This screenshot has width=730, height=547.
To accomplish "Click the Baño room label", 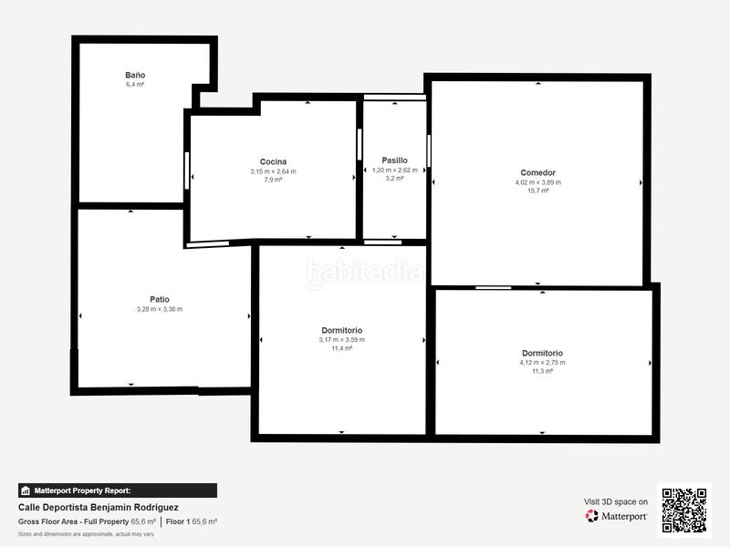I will click(135, 75).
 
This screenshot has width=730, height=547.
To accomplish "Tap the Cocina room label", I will click(273, 161).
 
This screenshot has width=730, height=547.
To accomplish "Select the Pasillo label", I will click(394, 160).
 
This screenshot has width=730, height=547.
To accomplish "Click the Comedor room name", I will click(537, 172).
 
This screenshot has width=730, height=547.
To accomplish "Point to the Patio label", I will click(159, 299).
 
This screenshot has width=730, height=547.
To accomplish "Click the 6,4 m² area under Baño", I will click(135, 84).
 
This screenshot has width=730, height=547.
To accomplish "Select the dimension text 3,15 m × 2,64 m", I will click(273, 171).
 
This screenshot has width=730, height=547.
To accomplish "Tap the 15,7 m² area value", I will click(537, 191).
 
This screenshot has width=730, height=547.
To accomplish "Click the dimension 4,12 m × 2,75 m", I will click(542, 363).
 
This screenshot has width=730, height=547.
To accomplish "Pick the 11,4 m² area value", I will click(341, 348).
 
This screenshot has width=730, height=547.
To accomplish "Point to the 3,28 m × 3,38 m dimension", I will click(159, 309).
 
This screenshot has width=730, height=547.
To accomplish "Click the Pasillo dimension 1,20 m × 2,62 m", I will click(394, 170).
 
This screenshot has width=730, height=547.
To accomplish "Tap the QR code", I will click(683, 510).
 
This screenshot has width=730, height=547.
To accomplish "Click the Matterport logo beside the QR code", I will click(617, 516).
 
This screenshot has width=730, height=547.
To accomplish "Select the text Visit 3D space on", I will click(616, 501).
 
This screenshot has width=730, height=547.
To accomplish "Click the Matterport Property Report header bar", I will click(118, 490).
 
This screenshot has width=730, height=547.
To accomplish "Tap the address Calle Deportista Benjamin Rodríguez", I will click(99, 507).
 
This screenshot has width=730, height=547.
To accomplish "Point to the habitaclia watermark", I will click(365, 272).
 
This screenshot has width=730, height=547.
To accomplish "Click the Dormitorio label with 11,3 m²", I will click(542, 353).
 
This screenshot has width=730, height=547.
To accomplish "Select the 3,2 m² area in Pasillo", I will click(394, 179).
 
